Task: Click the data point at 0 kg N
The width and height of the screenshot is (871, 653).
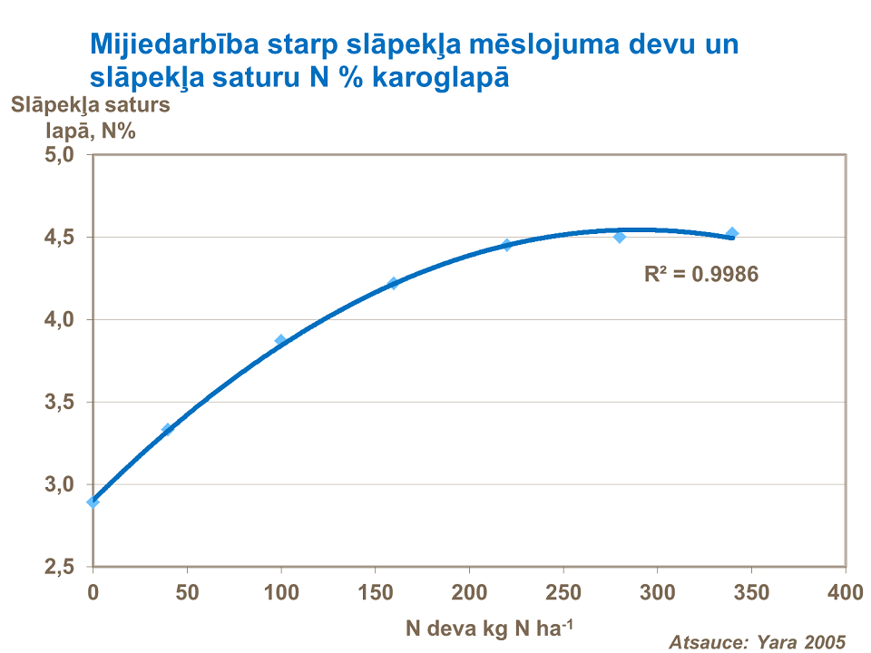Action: (x=93, y=502)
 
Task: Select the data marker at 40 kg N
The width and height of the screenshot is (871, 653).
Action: (x=167, y=429)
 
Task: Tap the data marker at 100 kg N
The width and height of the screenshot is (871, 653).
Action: (x=280, y=341)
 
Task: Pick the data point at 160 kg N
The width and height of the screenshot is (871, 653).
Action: (x=393, y=283)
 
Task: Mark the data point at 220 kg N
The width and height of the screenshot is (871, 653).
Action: (x=506, y=244)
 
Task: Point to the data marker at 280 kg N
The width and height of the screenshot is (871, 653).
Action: (x=619, y=237)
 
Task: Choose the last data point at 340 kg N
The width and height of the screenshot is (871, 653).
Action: (x=732, y=233)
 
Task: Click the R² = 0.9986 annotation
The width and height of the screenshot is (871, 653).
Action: (x=700, y=273)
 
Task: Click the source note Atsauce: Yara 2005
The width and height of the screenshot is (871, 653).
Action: (x=757, y=641)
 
